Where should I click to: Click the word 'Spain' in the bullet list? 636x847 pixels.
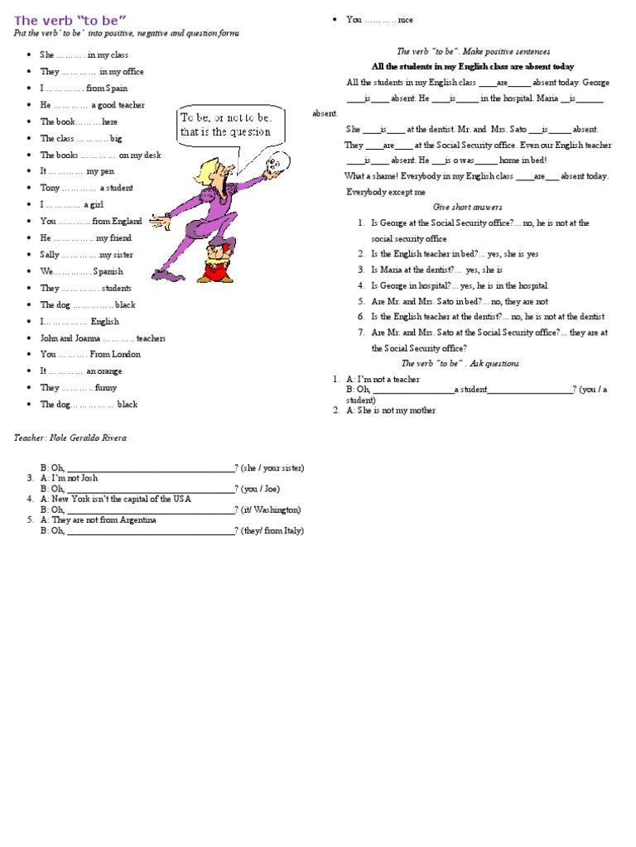pos(117,89)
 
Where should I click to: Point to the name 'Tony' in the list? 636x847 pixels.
pos(50,188)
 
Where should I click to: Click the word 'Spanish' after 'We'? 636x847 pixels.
pos(108,271)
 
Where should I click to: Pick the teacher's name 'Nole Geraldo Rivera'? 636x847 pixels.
pos(92,438)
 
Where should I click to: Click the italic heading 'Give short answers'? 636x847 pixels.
pos(468,207)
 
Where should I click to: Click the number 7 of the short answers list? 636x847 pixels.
pos(361,333)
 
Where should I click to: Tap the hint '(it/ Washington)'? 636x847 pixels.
pos(271,510)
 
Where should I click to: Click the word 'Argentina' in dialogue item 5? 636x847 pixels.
pos(137,520)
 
